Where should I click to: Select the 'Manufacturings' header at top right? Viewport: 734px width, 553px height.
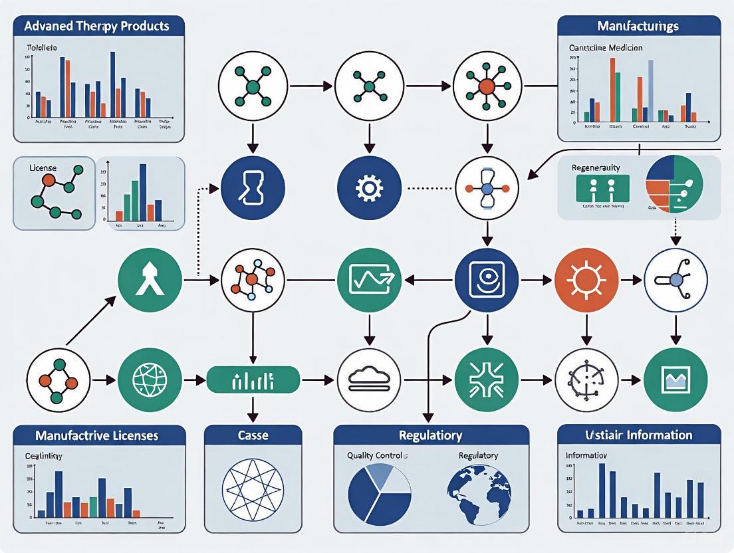[638, 27]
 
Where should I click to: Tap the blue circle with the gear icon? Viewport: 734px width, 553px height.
[369, 188]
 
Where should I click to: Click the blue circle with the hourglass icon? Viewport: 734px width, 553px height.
[253, 188]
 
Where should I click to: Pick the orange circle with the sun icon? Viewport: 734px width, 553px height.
[586, 280]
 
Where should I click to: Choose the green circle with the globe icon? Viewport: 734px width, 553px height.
[150, 380]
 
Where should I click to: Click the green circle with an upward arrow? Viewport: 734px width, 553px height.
[150, 280]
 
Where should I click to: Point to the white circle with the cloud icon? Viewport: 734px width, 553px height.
[369, 380]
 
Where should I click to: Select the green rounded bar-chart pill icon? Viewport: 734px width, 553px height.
[253, 380]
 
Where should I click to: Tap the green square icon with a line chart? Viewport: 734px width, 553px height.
[369, 280]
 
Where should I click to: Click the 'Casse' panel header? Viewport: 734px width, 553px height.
[253, 435]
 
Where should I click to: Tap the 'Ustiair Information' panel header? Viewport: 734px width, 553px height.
[638, 435]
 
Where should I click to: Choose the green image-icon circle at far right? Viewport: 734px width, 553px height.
[675, 380]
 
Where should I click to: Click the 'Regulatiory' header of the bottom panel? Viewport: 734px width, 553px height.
[431, 435]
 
